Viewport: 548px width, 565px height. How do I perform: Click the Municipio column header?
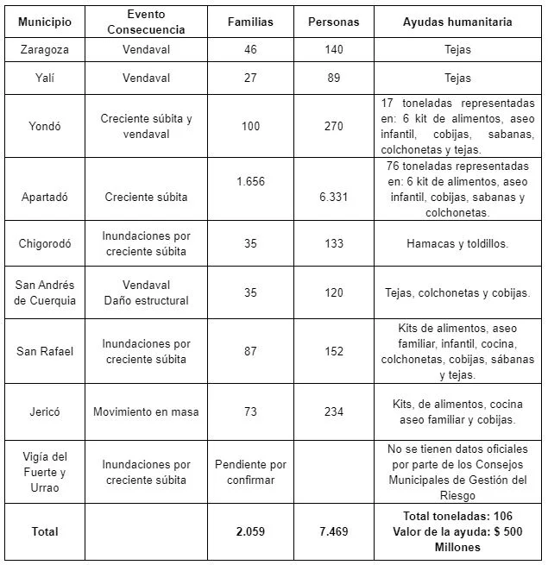click(45, 22)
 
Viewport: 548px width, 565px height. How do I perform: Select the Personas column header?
click(333, 22)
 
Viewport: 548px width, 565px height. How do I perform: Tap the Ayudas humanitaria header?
click(457, 22)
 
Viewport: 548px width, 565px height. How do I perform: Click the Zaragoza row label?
click(45, 50)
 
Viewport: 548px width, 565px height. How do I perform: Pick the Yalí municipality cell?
click(45, 78)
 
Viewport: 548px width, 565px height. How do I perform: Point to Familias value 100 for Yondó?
click(250, 126)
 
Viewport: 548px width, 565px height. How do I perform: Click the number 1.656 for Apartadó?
click(250, 181)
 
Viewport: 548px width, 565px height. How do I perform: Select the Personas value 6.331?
click(333, 197)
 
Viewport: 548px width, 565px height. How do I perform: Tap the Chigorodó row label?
click(45, 243)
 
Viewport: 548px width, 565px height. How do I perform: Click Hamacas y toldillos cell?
click(457, 243)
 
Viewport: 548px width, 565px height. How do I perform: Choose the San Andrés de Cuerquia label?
click(45, 292)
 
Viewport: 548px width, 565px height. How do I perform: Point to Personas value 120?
click(333, 292)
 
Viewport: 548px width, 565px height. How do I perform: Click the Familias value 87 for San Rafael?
click(250, 351)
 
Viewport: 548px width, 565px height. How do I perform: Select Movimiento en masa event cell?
click(146, 411)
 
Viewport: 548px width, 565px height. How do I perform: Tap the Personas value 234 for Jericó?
click(333, 411)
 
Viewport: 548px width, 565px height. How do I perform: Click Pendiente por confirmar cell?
click(250, 472)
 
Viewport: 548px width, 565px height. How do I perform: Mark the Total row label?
click(45, 531)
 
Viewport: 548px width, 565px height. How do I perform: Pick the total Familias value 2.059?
click(250, 531)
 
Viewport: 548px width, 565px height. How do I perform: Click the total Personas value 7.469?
click(333, 531)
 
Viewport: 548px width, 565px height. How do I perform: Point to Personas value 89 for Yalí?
click(333, 78)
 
